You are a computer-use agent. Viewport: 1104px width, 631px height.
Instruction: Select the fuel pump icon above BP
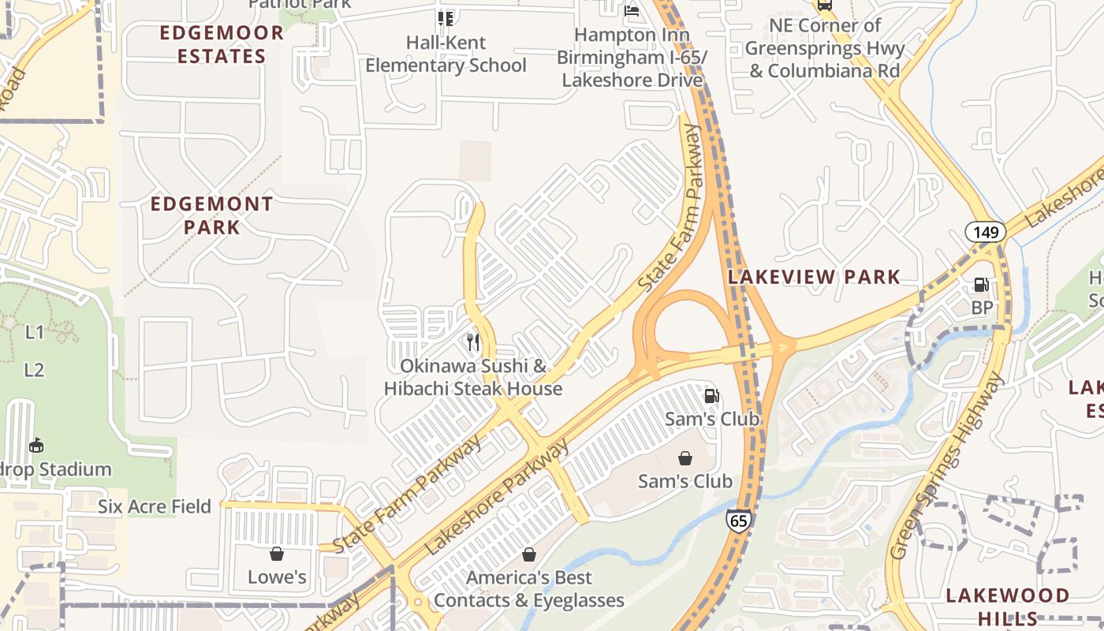pos(981,285)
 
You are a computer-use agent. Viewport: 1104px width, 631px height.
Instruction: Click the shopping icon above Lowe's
pos(277,554)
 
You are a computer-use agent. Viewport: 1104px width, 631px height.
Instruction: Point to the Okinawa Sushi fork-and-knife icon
pos(473,342)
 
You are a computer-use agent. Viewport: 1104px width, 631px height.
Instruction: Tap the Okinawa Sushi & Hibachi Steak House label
pos(473,377)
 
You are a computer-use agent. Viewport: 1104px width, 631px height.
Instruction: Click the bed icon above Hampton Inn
pos(632,11)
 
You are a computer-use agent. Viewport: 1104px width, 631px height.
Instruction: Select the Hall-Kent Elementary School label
pos(446,54)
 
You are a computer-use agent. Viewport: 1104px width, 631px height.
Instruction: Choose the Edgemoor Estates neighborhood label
pos(222,44)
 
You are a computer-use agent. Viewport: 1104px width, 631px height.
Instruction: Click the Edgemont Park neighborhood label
pos(212,215)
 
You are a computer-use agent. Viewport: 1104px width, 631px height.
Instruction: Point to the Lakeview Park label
pos(814,277)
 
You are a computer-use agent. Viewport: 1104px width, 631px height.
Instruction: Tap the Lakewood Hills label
pos(1007,606)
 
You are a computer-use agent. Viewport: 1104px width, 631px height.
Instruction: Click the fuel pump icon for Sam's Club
pos(712,396)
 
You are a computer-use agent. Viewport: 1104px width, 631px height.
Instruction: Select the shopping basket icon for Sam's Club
pos(685,457)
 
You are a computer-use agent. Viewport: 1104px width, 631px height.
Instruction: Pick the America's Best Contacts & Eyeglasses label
pos(529,588)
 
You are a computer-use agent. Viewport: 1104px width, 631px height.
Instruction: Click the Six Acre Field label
pos(155,506)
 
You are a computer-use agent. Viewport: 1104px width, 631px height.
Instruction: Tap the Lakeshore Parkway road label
pos(497,498)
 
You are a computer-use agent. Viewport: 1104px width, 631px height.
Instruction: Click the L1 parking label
pos(35,332)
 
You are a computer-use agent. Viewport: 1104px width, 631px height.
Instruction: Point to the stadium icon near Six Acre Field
pos(35,446)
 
